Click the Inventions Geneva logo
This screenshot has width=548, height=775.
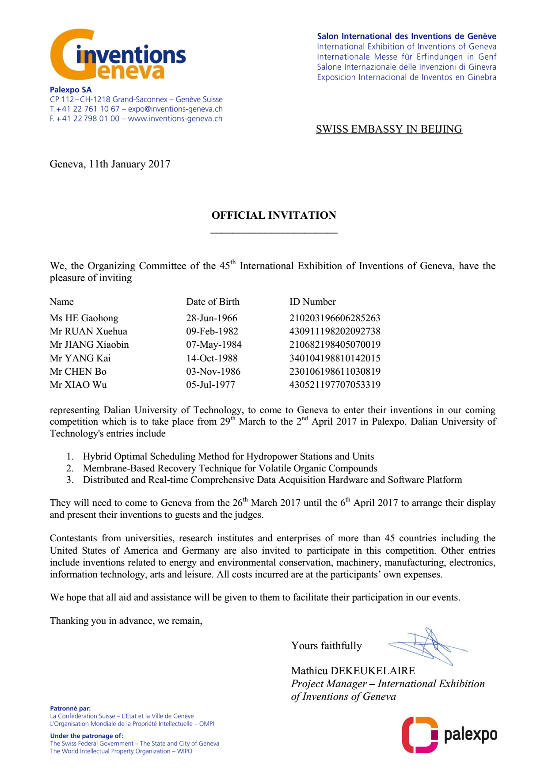(x=118, y=55)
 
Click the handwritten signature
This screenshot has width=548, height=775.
(x=427, y=646)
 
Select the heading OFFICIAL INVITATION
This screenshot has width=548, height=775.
(x=274, y=215)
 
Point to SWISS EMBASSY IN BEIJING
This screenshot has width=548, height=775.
(x=389, y=129)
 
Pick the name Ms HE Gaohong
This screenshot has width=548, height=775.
(x=84, y=318)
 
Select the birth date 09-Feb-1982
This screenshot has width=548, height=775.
(x=212, y=331)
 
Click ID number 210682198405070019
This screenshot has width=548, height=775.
(x=335, y=345)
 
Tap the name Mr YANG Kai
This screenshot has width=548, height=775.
(x=80, y=358)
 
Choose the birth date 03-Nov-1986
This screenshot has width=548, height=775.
(x=213, y=372)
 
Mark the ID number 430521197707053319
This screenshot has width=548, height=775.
(x=335, y=385)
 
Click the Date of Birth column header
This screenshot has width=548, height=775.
(x=213, y=302)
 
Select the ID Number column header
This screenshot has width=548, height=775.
(x=312, y=302)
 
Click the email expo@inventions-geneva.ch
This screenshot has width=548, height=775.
(x=175, y=109)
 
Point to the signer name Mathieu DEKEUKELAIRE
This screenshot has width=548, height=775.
(x=353, y=671)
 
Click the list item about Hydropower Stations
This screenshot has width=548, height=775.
(x=228, y=456)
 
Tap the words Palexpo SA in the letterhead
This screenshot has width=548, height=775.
(x=71, y=90)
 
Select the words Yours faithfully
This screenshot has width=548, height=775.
(x=326, y=646)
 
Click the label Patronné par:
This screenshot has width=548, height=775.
(x=70, y=708)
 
